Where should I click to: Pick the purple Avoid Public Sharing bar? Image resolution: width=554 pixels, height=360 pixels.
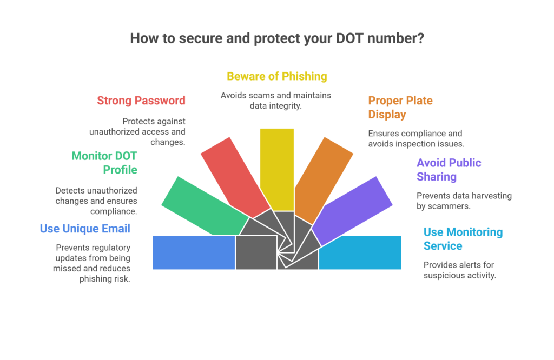[354, 209]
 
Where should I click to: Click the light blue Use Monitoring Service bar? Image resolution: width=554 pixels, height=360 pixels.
[360, 252]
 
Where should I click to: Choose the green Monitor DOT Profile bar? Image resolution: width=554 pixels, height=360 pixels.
[203, 208]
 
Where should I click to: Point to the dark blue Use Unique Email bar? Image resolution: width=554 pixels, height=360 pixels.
[194, 252]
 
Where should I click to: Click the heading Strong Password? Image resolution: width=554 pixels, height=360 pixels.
[141, 101]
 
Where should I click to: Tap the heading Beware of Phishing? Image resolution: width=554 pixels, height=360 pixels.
[277, 76]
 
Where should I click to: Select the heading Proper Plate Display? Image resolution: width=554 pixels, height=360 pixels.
[400, 108]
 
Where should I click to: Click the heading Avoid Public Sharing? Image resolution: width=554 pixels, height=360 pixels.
[449, 170]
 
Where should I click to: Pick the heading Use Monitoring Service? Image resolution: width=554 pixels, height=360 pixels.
[463, 239]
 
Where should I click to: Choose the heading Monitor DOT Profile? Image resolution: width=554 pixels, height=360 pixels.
[104, 163]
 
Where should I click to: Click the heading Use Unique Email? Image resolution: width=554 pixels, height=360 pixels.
[85, 229]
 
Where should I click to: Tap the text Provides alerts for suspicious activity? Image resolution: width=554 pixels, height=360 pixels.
[459, 270]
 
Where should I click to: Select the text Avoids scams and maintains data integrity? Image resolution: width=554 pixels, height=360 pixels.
[276, 100]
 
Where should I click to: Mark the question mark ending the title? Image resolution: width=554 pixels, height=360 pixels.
[420, 39]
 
